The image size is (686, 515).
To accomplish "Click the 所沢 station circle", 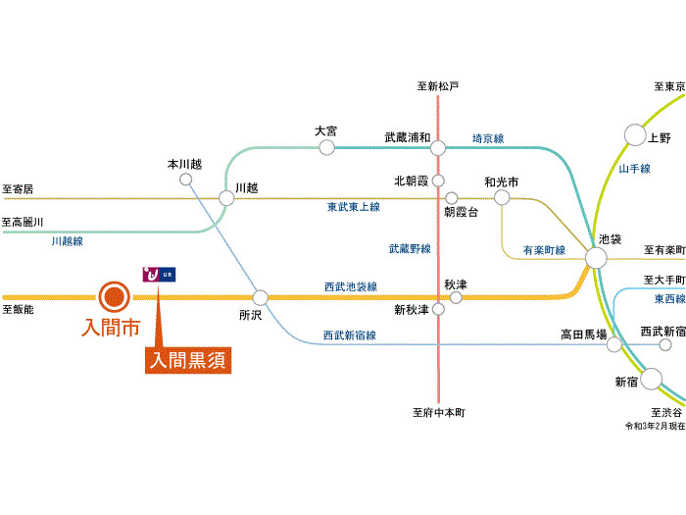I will coord(261,297).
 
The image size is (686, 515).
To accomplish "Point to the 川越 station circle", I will coord(226,198).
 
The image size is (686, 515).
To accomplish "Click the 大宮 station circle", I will coord(326,147).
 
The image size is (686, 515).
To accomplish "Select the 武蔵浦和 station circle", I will coord(438,148).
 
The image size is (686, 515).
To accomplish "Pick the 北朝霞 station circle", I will coord(438,180).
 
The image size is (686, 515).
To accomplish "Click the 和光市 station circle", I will coord(502,197).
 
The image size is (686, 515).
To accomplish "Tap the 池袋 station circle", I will coord(596,258).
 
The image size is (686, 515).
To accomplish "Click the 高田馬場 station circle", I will coord(614,344).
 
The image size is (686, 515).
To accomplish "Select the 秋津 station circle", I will coord(456,296).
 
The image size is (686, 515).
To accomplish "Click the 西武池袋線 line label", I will coord(351,286).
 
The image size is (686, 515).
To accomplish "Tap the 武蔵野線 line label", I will coord(410,249).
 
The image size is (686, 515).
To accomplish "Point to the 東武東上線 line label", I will coord(354,207).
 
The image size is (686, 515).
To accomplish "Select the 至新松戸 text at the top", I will coord(438,86).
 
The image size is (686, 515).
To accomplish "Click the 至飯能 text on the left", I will coord(18,309).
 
